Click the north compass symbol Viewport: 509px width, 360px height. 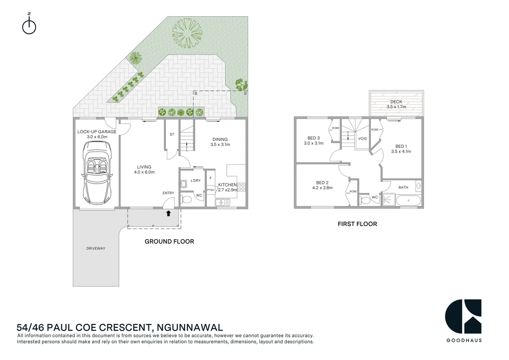pyautogui.click(x=29, y=27)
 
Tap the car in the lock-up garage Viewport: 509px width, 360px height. pyautogui.click(x=97, y=172)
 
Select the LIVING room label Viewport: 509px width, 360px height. pyautogui.click(x=144, y=167)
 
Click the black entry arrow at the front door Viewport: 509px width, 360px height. pyautogui.click(x=169, y=213)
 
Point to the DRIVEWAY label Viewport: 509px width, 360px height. pyautogui.click(x=96, y=248)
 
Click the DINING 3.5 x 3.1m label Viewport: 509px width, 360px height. pyautogui.click(x=220, y=142)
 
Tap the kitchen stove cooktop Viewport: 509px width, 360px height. pyautogui.click(x=242, y=187)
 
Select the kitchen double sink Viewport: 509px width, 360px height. pyautogui.click(x=222, y=202)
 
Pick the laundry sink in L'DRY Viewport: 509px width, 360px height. pyautogui.click(x=183, y=184)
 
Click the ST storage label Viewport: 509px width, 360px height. pyautogui.click(x=172, y=134)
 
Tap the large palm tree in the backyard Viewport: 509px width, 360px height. pyautogui.click(x=187, y=33)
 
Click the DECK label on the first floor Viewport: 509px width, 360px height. pyautogui.click(x=396, y=102)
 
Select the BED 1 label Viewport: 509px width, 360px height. pyautogui.click(x=401, y=146)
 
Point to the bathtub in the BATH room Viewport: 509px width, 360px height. pyautogui.click(x=408, y=201)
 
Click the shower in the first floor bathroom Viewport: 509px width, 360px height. pyautogui.click(x=388, y=200)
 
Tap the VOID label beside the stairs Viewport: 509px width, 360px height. pyautogui.click(x=362, y=139)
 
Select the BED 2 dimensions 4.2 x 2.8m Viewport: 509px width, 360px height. pyautogui.click(x=322, y=188)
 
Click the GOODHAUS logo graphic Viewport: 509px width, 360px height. pyautogui.click(x=463, y=316)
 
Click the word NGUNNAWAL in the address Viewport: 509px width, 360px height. pyautogui.click(x=190, y=328)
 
